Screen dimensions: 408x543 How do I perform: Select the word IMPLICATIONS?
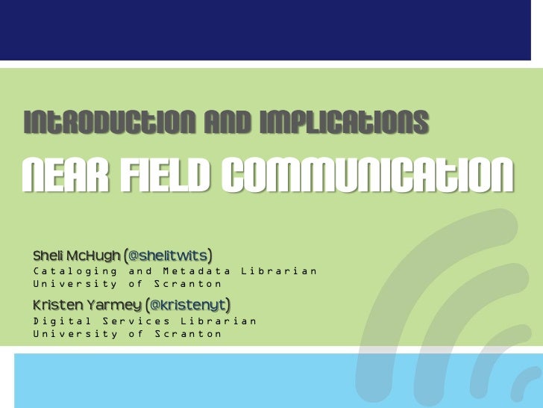coord(344,123)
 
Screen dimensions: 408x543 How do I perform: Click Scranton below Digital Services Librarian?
coord(188,334)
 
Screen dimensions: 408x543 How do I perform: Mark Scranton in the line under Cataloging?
coord(188,284)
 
